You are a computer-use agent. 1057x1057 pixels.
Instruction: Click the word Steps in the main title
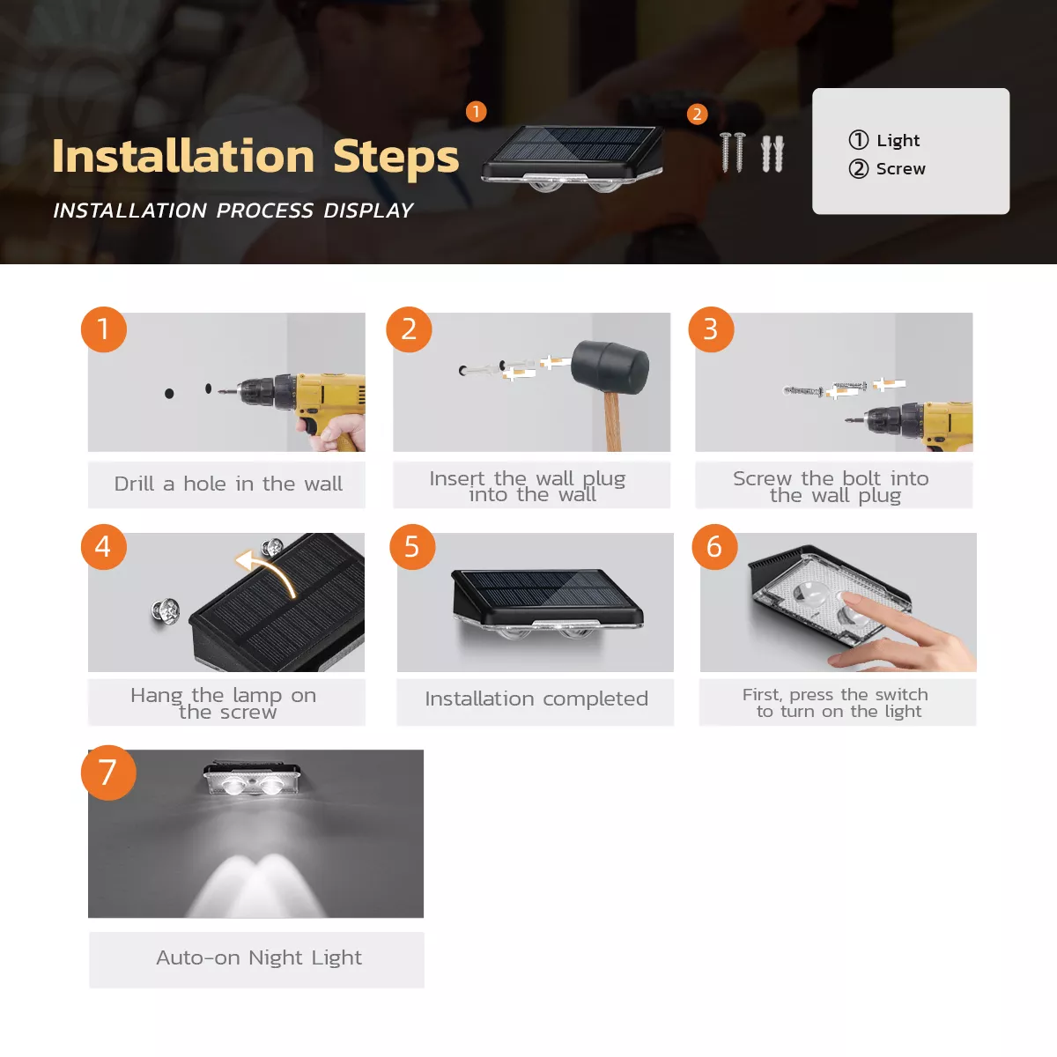pos(395,157)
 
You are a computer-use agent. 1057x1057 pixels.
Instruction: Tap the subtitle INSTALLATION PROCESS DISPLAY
pos(233,211)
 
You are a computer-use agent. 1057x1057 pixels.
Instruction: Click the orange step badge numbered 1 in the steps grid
pos(104,329)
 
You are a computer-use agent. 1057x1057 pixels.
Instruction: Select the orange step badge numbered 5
pos(412,547)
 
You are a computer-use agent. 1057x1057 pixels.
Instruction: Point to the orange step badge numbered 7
pos(108,773)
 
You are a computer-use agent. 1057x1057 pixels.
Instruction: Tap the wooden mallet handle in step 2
pos(612,421)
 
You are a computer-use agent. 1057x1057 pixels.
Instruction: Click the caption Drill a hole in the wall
pos(227,484)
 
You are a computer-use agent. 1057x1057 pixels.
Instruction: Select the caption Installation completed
pos(536,699)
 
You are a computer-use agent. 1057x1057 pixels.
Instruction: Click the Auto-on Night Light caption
pos(258,957)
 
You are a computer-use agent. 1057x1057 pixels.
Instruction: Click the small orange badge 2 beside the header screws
pos(697,115)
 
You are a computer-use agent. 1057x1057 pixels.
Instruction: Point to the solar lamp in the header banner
pos(573,159)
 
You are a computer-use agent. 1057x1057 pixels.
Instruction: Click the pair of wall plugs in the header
pos(772,154)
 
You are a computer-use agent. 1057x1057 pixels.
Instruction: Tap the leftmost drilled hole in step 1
pos(169,393)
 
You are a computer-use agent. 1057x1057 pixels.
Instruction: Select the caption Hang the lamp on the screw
pos(225,703)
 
